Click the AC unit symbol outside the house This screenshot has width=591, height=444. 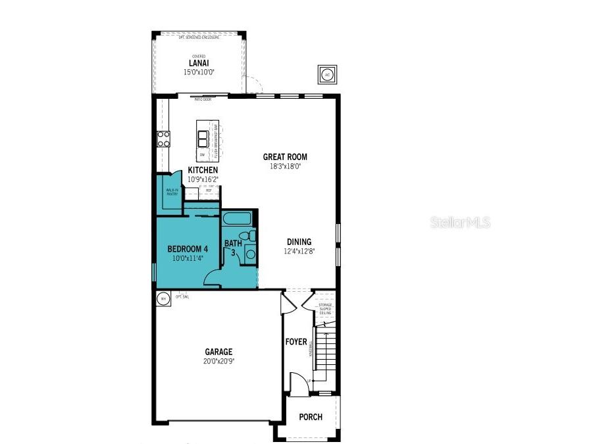[x=327, y=74]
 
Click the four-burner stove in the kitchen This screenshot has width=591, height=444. [x=163, y=138]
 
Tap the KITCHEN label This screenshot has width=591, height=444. [x=203, y=170]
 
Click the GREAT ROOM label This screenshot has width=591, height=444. [x=285, y=157]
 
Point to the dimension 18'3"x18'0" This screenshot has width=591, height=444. [x=285, y=166]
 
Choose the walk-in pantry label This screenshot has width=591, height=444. [x=172, y=192]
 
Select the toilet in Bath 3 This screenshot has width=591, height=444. [x=245, y=236]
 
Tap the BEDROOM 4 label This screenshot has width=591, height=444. [x=188, y=248]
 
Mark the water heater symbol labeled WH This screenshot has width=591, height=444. [x=163, y=298]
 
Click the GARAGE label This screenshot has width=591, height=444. [x=218, y=352]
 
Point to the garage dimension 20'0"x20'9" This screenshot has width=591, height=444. [x=218, y=361]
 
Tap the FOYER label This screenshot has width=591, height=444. [x=296, y=342]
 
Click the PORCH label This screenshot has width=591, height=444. [x=311, y=417]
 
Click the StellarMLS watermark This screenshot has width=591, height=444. [x=461, y=223]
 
